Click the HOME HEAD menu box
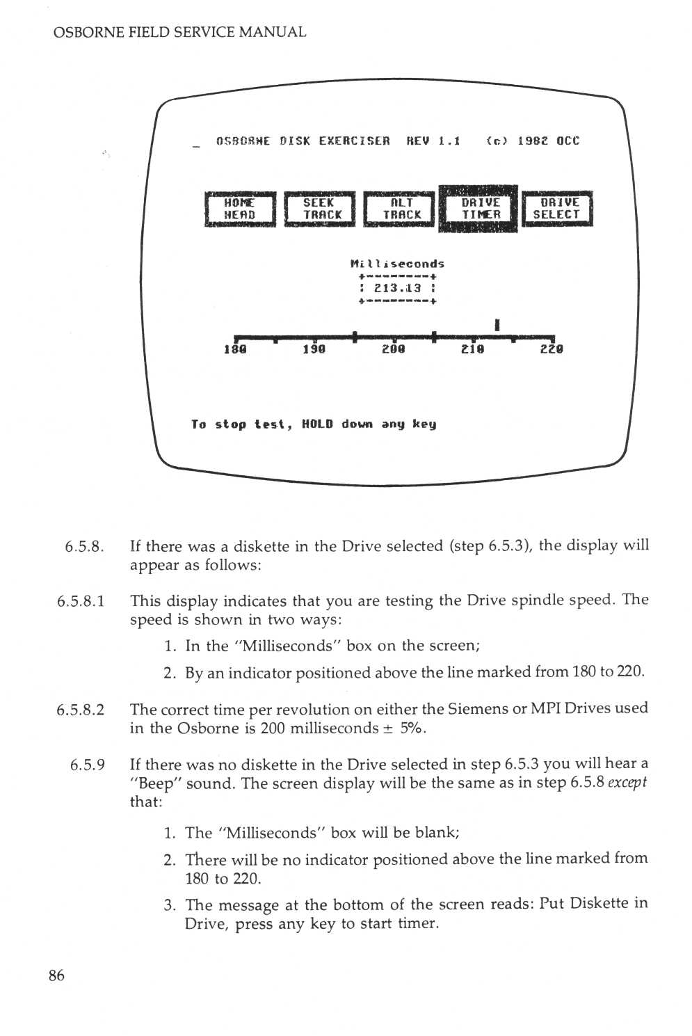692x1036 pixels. click(240, 209)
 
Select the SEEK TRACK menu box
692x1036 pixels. click(320, 209)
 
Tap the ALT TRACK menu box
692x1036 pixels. click(400, 209)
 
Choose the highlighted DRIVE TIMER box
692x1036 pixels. click(479, 209)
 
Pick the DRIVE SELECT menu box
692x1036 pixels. click(557, 209)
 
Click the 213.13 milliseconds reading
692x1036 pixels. click(397, 288)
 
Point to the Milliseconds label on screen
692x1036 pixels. click(397, 264)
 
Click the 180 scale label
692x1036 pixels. click(235, 349)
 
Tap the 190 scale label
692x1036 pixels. click(314, 349)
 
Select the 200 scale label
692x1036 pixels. click(393, 349)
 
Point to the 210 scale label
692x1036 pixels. click(472, 349)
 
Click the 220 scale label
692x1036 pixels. click(552, 349)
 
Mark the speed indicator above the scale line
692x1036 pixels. click(497, 324)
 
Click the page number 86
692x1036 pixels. click(56, 975)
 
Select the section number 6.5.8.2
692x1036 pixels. click(81, 710)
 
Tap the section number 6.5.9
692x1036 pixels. click(88, 765)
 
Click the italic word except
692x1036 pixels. click(627, 783)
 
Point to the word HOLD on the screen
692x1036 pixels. click(317, 424)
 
